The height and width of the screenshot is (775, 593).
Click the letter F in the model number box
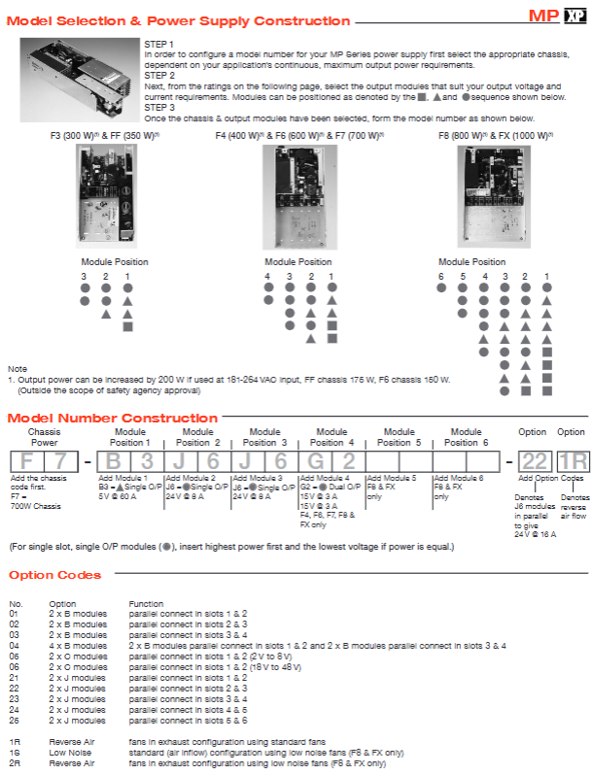(27, 461)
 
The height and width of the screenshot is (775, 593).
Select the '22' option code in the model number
(534, 461)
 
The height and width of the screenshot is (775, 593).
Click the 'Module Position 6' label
(465, 436)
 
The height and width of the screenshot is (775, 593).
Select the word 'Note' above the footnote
(17, 369)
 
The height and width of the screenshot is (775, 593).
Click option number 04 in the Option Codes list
(14, 645)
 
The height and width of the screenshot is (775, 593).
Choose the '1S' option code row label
(14, 752)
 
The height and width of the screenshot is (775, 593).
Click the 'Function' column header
(146, 604)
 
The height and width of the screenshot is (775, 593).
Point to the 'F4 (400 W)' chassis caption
(240, 137)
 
